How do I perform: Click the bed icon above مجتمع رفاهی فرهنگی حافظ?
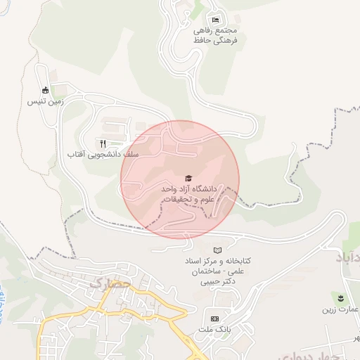pyautogui.click(x=215, y=20)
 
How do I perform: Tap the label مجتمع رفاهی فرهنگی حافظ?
pyautogui.click(x=217, y=36)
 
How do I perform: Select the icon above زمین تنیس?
pyautogui.click(x=46, y=90)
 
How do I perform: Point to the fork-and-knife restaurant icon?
pyautogui.click(x=103, y=143)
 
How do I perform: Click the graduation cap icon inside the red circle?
pyautogui.click(x=188, y=179)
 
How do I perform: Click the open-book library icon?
pyautogui.click(x=217, y=250)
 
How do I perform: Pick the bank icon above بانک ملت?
pyautogui.click(x=215, y=319)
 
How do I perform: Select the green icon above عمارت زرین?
pyautogui.click(x=342, y=298)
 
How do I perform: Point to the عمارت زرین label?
pyautogui.click(x=340, y=309)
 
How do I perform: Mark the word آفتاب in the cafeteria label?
pyautogui.click(x=77, y=153)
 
